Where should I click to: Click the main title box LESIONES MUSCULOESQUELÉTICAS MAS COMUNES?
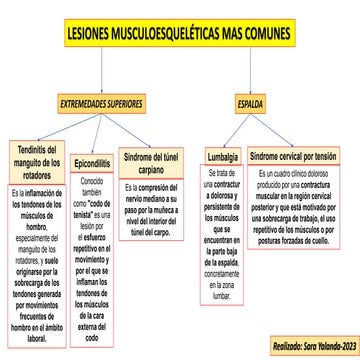click(x=180, y=32)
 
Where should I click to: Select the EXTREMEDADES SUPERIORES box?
click(x=100, y=103)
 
